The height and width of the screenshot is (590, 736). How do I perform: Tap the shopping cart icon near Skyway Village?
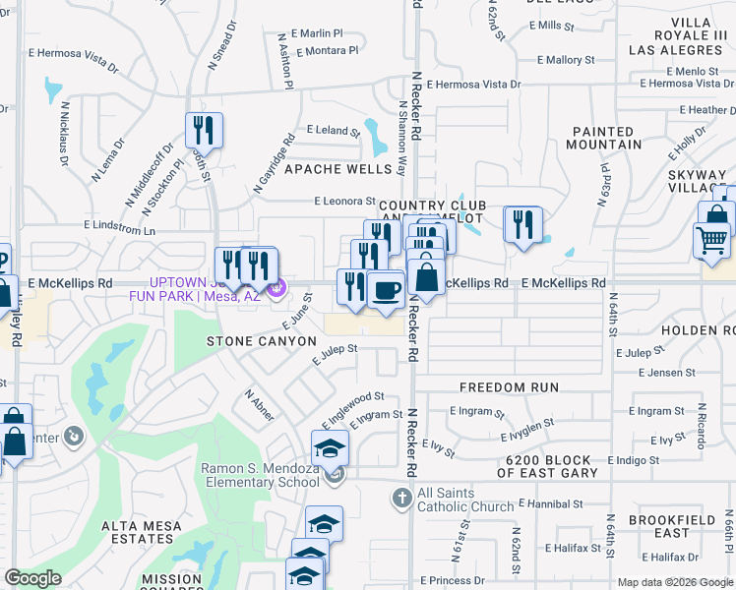tap(711, 240)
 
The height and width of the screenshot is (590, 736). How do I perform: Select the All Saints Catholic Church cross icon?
tap(401, 499)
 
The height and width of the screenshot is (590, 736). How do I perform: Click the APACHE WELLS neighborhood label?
tap(337, 169)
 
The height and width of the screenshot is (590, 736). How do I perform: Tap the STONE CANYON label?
tap(261, 341)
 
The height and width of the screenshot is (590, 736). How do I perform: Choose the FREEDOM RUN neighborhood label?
tap(509, 388)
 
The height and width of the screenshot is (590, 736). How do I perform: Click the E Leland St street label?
tap(334, 130)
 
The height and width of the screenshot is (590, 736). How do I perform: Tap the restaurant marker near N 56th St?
tap(204, 130)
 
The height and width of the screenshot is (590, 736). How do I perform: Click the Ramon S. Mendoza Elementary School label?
tap(261, 475)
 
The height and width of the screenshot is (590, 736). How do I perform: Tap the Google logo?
tap(32, 578)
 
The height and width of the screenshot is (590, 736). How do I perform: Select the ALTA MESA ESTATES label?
tap(142, 532)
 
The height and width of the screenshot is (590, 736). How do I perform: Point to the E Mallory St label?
tap(565, 60)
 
